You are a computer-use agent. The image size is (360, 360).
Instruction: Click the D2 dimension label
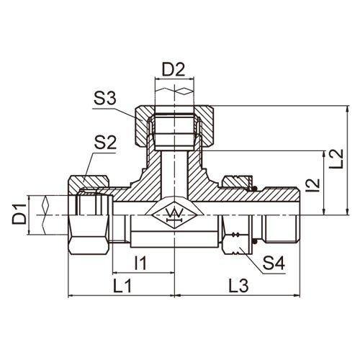[174, 70]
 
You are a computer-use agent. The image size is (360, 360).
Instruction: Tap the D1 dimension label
[19, 214]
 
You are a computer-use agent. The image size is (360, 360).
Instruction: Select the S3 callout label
[105, 99]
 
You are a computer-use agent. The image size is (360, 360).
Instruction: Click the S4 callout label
[274, 263]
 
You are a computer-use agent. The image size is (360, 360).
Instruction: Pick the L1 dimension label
[122, 286]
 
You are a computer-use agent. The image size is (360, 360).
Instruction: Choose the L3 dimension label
[238, 286]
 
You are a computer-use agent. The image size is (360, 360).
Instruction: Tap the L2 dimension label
[336, 158]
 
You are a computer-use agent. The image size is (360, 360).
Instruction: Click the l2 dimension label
[313, 185]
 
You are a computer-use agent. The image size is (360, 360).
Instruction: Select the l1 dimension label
[140, 263]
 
